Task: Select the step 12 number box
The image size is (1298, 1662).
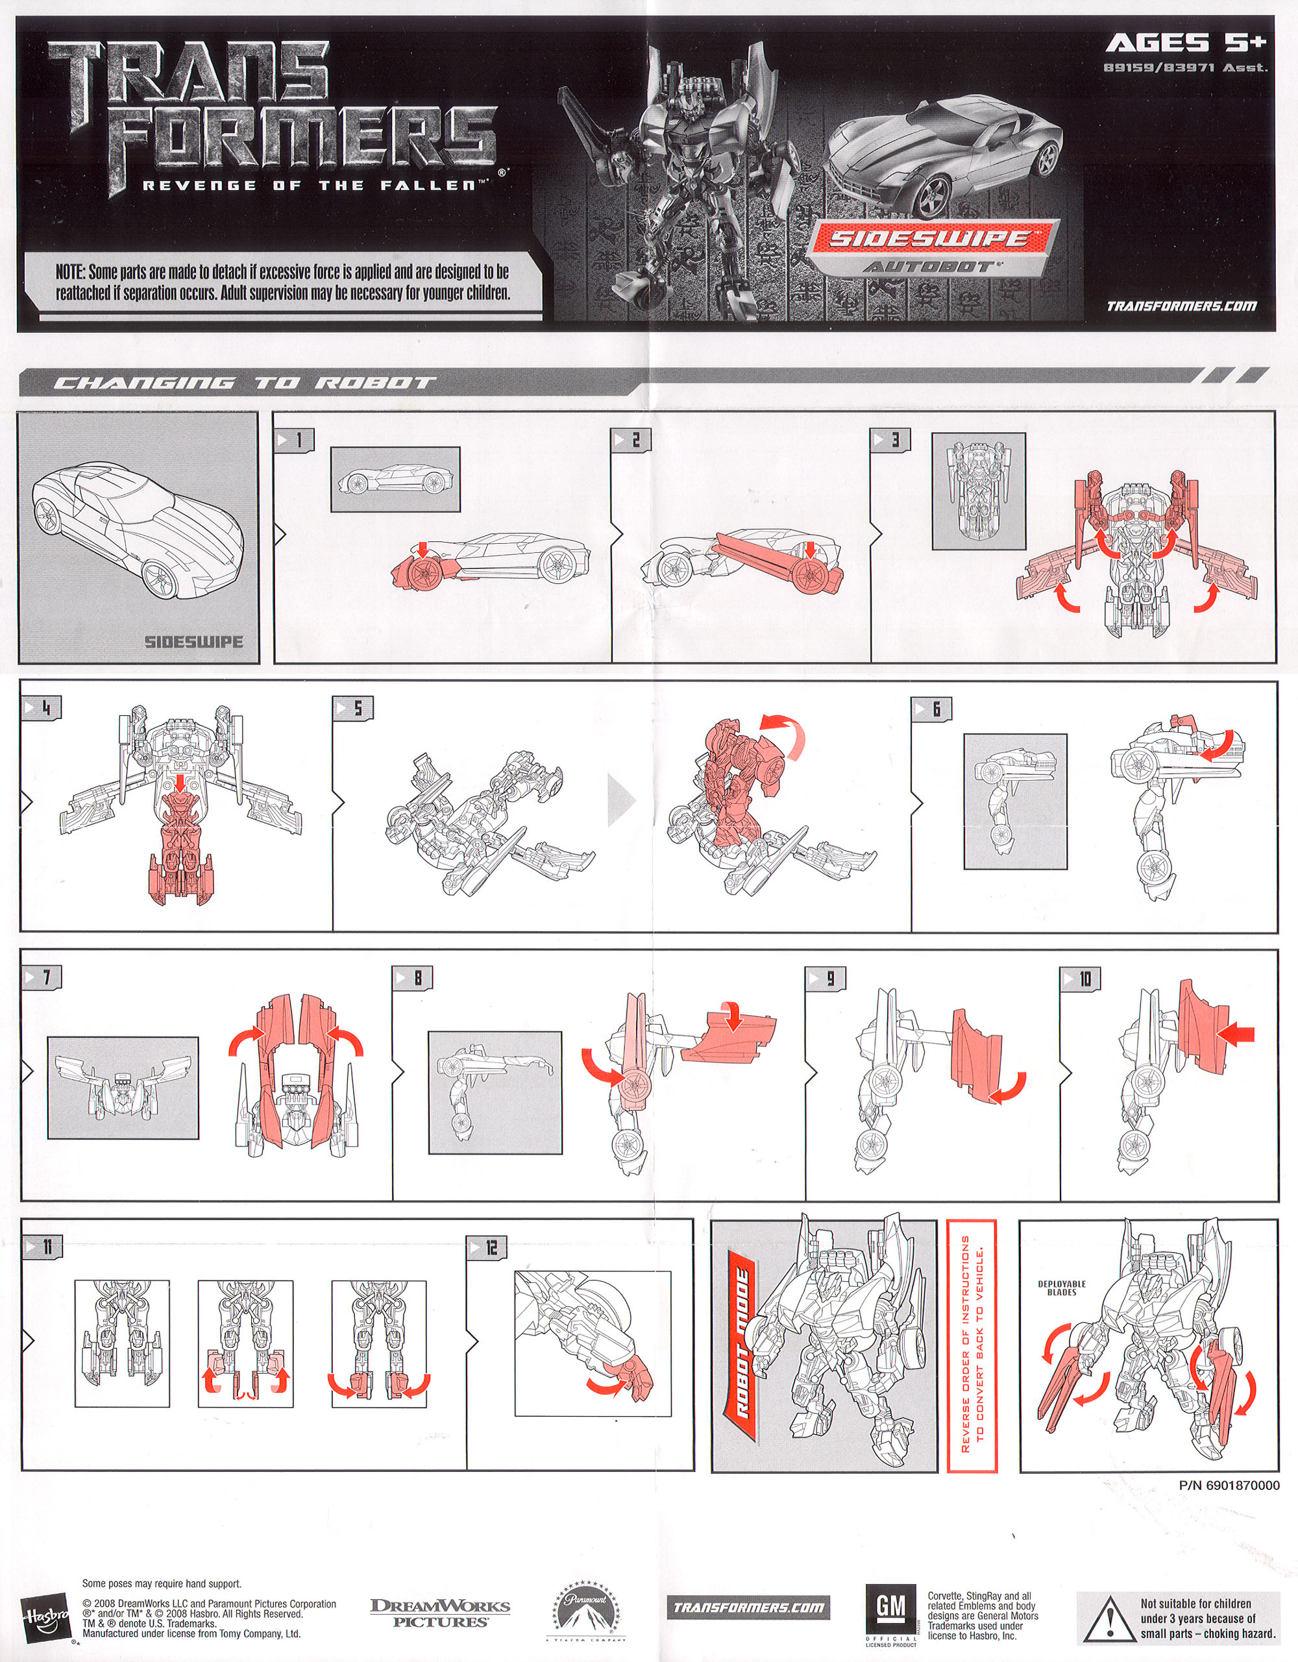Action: coord(485,1247)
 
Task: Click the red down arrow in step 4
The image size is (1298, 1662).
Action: coord(180,781)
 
